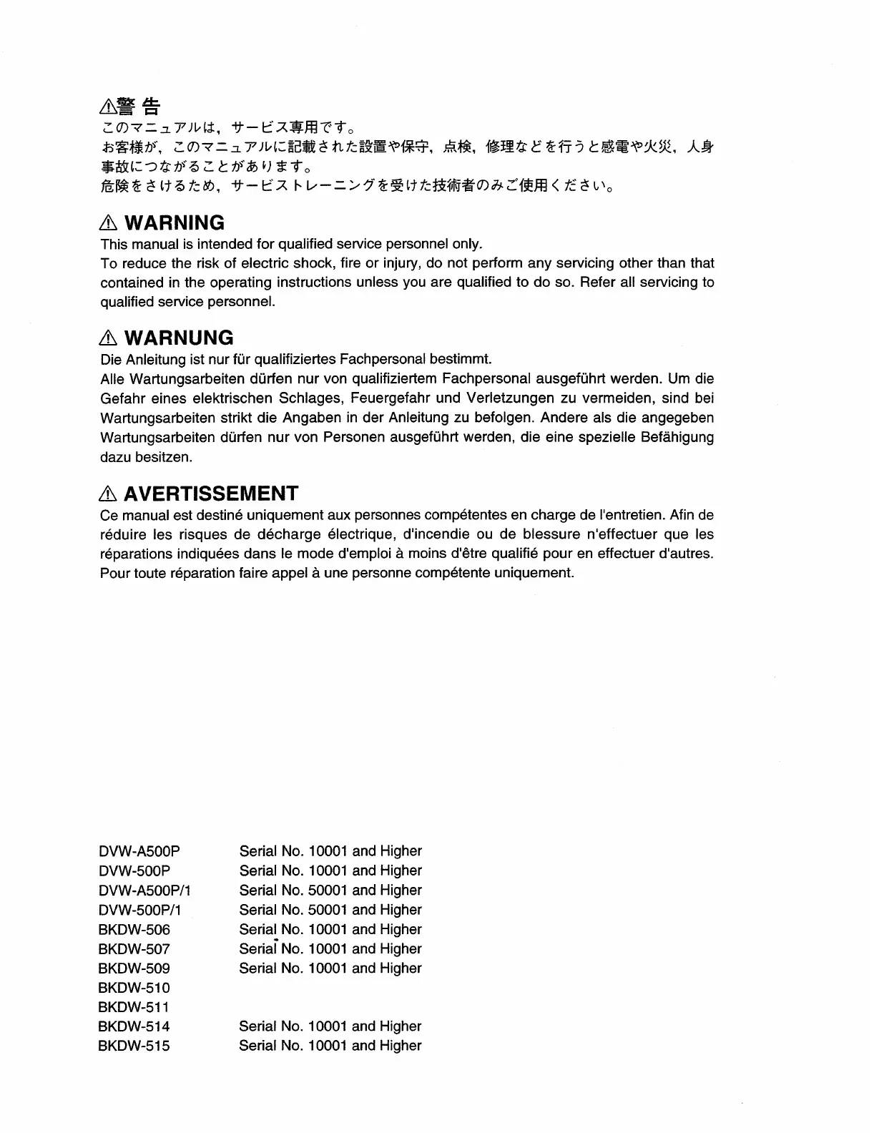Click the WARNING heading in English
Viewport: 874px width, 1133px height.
coord(174,222)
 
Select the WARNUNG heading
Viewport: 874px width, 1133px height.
coord(178,338)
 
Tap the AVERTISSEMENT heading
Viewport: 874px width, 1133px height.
coord(210,494)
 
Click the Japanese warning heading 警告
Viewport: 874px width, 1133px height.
coord(137,107)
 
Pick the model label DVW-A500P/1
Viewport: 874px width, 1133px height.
coord(144,891)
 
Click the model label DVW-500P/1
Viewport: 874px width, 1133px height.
coord(139,910)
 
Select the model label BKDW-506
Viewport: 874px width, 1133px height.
coord(134,929)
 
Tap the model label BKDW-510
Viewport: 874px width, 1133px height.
coord(134,988)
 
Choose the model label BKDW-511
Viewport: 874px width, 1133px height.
coord(134,1007)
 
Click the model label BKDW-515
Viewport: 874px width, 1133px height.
coord(134,1046)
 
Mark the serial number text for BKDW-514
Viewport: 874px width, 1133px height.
coord(330,1026)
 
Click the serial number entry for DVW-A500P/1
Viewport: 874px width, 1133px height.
coord(330,891)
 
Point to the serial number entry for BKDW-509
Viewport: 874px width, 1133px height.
coord(330,968)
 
